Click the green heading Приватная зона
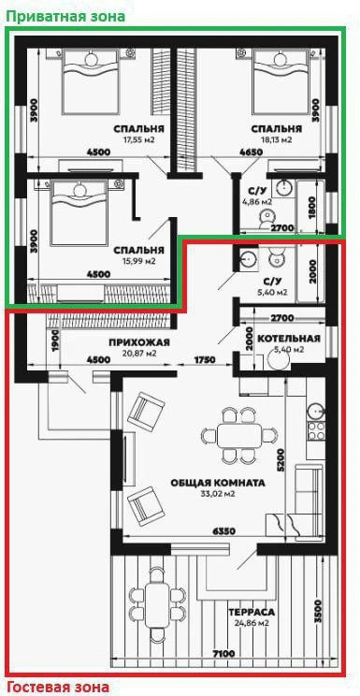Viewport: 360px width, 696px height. click(x=65, y=17)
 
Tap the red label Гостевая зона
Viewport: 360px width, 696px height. click(x=58, y=688)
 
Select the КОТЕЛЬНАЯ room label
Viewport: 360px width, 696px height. click(x=289, y=340)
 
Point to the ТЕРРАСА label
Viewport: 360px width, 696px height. click(x=252, y=613)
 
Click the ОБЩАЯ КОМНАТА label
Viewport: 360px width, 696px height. click(x=218, y=483)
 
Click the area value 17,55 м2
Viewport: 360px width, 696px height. click(x=139, y=139)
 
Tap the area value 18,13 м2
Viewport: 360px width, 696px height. click(x=277, y=139)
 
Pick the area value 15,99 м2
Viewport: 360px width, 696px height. click(x=139, y=261)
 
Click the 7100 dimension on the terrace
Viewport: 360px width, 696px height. click(x=223, y=654)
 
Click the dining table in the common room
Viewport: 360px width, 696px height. click(x=239, y=435)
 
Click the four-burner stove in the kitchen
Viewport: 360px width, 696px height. click(x=316, y=430)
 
